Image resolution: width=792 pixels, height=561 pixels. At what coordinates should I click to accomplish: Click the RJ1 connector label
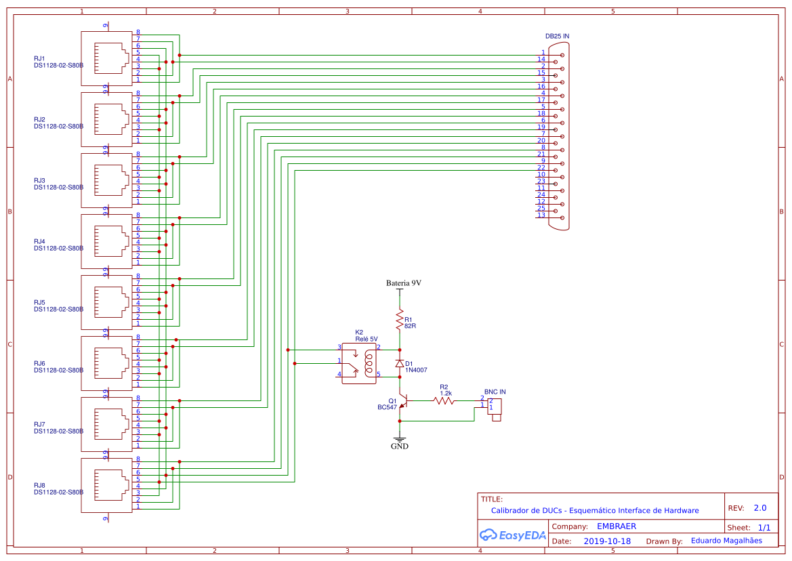[x=39, y=59]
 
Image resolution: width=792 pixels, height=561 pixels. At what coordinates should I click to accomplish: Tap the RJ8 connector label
[x=39, y=486]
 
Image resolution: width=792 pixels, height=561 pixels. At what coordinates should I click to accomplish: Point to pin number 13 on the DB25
[x=541, y=215]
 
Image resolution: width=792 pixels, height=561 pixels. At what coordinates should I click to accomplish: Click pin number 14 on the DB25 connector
[x=541, y=60]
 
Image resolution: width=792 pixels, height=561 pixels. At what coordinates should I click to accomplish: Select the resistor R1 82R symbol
[x=400, y=319]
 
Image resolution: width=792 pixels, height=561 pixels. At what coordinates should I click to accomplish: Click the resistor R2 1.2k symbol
[x=444, y=400]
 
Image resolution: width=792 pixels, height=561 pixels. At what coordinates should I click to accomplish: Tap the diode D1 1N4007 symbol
[x=400, y=364]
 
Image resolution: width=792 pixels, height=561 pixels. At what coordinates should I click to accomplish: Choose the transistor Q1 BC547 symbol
[x=401, y=403]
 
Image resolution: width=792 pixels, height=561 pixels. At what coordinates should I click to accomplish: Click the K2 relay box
[x=358, y=363]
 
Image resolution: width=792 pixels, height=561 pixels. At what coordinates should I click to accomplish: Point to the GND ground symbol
[x=400, y=441]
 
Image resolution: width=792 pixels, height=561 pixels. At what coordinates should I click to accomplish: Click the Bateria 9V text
[x=404, y=283]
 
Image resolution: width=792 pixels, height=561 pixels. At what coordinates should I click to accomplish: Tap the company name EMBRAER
[x=616, y=526]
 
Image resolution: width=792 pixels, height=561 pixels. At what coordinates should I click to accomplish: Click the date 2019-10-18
[x=607, y=541]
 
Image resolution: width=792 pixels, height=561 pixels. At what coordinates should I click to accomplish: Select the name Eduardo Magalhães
[x=726, y=541]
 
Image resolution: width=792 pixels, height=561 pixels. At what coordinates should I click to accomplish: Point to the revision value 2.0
[x=760, y=507]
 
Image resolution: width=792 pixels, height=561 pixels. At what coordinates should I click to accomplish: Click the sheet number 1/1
[x=764, y=527]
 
